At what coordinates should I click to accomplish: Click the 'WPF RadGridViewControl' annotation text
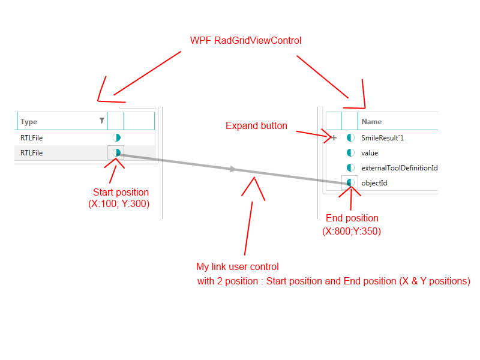(245, 41)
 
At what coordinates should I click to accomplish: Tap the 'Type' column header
(29, 122)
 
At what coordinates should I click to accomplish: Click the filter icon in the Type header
(102, 121)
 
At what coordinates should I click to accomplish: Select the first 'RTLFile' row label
(31, 137)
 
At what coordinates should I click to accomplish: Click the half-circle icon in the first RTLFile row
(116, 137)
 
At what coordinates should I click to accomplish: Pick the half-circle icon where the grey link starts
(116, 152)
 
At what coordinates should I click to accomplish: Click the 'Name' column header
(371, 122)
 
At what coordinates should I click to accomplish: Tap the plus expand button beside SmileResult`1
(334, 137)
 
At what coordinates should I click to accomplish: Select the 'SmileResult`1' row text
(383, 137)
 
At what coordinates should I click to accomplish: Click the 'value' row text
(370, 152)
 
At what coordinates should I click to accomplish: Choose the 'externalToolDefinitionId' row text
(399, 167)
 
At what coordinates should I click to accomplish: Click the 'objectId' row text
(374, 182)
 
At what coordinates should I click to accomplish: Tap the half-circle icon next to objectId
(350, 182)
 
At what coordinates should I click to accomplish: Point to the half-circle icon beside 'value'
(350, 152)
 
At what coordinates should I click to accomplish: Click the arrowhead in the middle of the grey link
(233, 170)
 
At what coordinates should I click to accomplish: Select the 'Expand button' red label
(256, 126)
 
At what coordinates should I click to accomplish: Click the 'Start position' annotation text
(121, 193)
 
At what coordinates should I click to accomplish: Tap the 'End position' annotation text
(352, 218)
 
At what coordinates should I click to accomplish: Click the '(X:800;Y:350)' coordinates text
(352, 231)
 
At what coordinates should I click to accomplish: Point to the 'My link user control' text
(238, 267)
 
